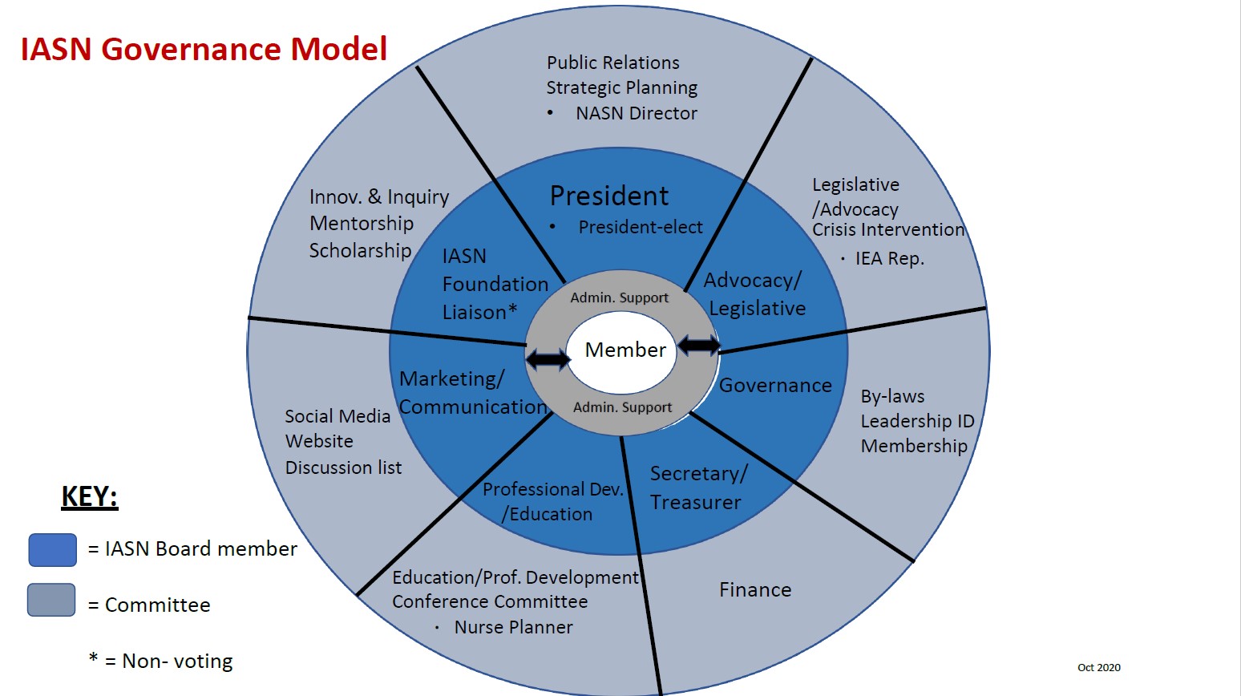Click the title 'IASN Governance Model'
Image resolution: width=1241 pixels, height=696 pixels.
(204, 49)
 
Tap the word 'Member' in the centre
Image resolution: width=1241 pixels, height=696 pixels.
(625, 350)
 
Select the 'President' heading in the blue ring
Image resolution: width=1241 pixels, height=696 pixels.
(609, 196)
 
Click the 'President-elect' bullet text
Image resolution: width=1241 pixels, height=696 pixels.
(640, 227)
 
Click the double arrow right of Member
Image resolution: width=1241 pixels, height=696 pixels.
(699, 346)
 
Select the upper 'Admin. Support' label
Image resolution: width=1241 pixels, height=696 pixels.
(619, 297)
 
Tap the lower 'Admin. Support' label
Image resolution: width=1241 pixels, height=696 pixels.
(622, 407)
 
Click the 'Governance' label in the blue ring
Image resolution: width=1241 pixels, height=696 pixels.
(775, 386)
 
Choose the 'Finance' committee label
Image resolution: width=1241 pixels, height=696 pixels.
(755, 590)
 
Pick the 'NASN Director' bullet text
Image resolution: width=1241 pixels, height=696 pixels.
(636, 113)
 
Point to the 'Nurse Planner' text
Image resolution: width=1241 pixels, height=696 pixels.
(513, 627)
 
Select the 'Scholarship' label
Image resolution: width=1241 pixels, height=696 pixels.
(360, 250)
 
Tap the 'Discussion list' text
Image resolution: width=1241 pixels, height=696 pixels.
(343, 467)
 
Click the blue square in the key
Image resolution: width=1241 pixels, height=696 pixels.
(53, 550)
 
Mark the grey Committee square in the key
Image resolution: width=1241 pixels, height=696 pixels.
(51, 600)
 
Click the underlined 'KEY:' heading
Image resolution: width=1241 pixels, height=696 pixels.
(90, 496)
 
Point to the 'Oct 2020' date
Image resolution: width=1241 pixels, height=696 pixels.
(1098, 667)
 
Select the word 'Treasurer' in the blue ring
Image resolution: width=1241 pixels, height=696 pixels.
(695, 503)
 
